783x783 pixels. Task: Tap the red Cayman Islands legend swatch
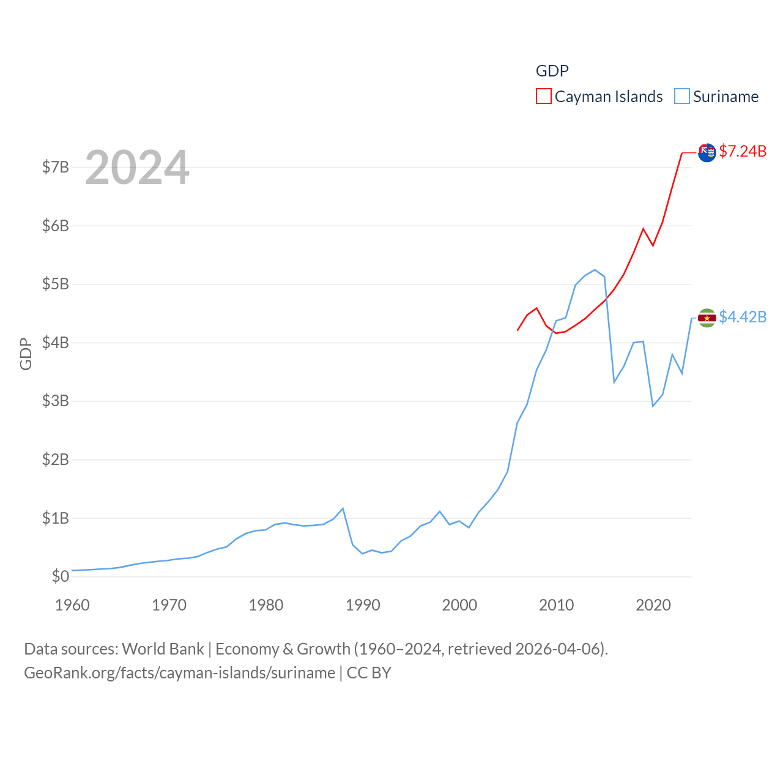pos(543,97)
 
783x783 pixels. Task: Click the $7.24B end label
pos(743,151)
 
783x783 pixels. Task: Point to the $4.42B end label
pos(743,317)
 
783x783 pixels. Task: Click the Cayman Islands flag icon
pos(707,153)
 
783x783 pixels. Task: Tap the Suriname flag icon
pos(707,318)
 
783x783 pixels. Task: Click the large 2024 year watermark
pos(137,168)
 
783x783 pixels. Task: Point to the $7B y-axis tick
pos(55,167)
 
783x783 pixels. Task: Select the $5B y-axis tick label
pos(55,284)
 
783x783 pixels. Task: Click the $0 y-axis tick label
pos(60,576)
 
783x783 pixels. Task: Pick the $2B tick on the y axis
pos(55,459)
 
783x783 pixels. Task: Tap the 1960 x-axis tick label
pos(72,605)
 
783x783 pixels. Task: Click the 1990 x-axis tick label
pos(363,605)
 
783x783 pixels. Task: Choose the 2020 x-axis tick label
pos(653,605)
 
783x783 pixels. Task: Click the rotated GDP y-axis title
pos(26,354)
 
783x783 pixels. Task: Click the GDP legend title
pos(552,71)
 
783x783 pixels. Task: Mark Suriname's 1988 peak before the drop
pos(343,509)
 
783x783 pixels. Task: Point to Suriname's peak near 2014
pos(595,270)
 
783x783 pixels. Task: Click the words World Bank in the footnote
pos(163,648)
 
